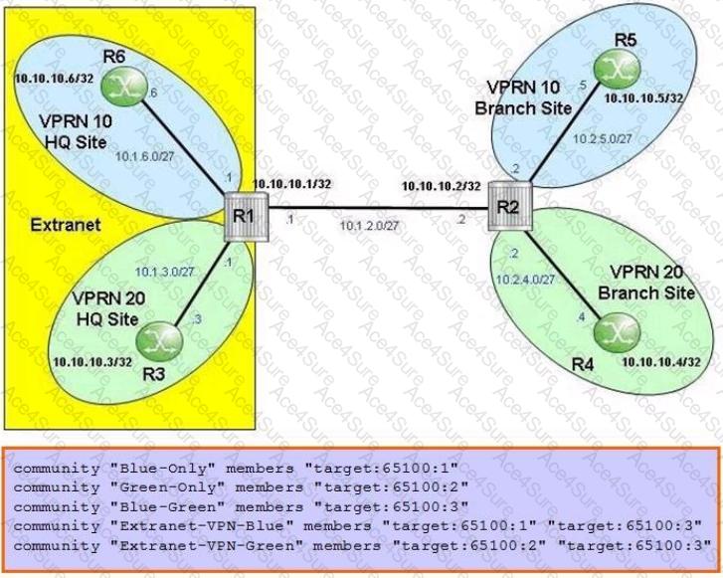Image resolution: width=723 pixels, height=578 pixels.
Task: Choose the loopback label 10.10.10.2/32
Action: point(442,186)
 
